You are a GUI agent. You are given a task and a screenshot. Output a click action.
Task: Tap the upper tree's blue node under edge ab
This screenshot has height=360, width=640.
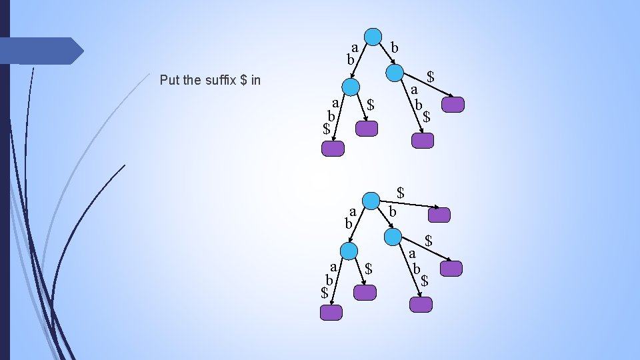pos(350,87)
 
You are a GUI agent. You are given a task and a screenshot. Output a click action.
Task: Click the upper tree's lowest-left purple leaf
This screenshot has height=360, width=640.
pos(333,148)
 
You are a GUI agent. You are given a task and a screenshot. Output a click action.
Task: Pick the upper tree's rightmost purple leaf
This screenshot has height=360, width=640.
pos(453,105)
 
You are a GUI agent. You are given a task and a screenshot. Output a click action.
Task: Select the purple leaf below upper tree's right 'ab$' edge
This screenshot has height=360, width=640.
pos(422,140)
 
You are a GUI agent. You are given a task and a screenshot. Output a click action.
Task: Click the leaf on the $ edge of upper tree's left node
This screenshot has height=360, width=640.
pos(367,129)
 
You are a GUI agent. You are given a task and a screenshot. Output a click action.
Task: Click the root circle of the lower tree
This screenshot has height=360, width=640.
pos(371,201)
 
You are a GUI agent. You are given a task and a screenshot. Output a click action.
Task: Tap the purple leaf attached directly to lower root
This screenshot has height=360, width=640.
pos(439,215)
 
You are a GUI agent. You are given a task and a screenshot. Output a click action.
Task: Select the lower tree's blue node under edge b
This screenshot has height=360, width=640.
pos(393,236)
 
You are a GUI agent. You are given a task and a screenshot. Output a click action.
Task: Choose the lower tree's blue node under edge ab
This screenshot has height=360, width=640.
pos(349,251)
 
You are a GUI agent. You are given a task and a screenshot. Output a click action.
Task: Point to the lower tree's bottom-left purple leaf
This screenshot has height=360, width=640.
pos(331,312)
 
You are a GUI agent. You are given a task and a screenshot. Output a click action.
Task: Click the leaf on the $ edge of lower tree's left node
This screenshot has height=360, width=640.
pos(365,292)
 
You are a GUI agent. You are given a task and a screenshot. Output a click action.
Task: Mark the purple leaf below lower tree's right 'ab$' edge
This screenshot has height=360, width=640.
pos(421,305)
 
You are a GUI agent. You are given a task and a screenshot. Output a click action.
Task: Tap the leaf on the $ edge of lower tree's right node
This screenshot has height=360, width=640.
pos(451,269)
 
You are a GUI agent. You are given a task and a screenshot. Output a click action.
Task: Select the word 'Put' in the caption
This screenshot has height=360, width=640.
pos(171,81)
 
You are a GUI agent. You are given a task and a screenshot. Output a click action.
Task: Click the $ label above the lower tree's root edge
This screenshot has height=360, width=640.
pos(401,192)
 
